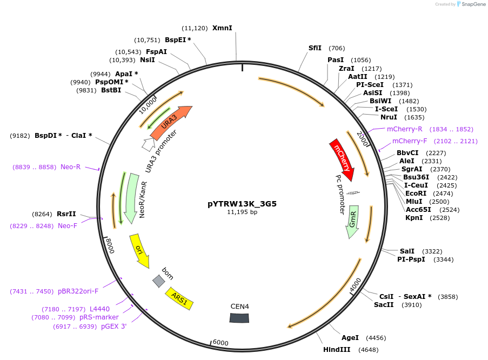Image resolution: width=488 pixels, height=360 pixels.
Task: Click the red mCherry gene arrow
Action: [342, 160]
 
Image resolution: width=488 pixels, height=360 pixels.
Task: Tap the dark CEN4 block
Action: [239, 318]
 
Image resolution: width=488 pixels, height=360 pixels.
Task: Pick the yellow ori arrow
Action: [139, 250]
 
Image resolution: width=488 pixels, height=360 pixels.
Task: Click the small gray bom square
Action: [158, 281]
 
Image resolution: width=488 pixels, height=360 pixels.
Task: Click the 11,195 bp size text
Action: [242, 212]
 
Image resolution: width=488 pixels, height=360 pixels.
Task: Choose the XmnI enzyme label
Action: [222, 28]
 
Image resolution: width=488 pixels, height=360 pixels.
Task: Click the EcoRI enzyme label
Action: [415, 193]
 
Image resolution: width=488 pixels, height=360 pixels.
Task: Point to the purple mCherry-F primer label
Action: [409, 141]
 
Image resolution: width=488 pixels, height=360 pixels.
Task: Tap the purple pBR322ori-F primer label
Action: [78, 291]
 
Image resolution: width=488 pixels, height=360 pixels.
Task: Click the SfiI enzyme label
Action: [315, 48]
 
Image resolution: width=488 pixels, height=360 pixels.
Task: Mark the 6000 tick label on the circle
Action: [220, 343]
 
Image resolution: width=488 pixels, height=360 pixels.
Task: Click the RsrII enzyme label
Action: [66, 214]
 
